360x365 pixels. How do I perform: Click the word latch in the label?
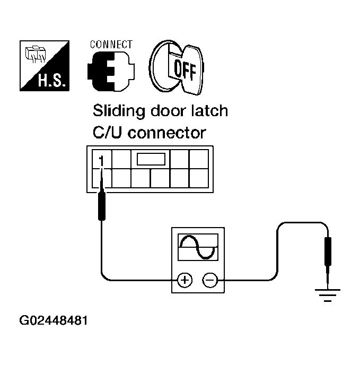click(209, 111)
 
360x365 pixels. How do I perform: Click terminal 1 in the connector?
click(102, 159)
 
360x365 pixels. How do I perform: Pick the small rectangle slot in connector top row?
click(151, 158)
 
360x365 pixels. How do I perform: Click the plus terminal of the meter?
click(185, 279)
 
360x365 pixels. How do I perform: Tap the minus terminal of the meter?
click(210, 279)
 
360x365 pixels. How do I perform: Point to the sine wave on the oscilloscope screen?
click(198, 247)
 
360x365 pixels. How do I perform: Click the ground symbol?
click(328, 294)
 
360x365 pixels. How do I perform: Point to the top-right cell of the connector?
click(199, 159)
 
